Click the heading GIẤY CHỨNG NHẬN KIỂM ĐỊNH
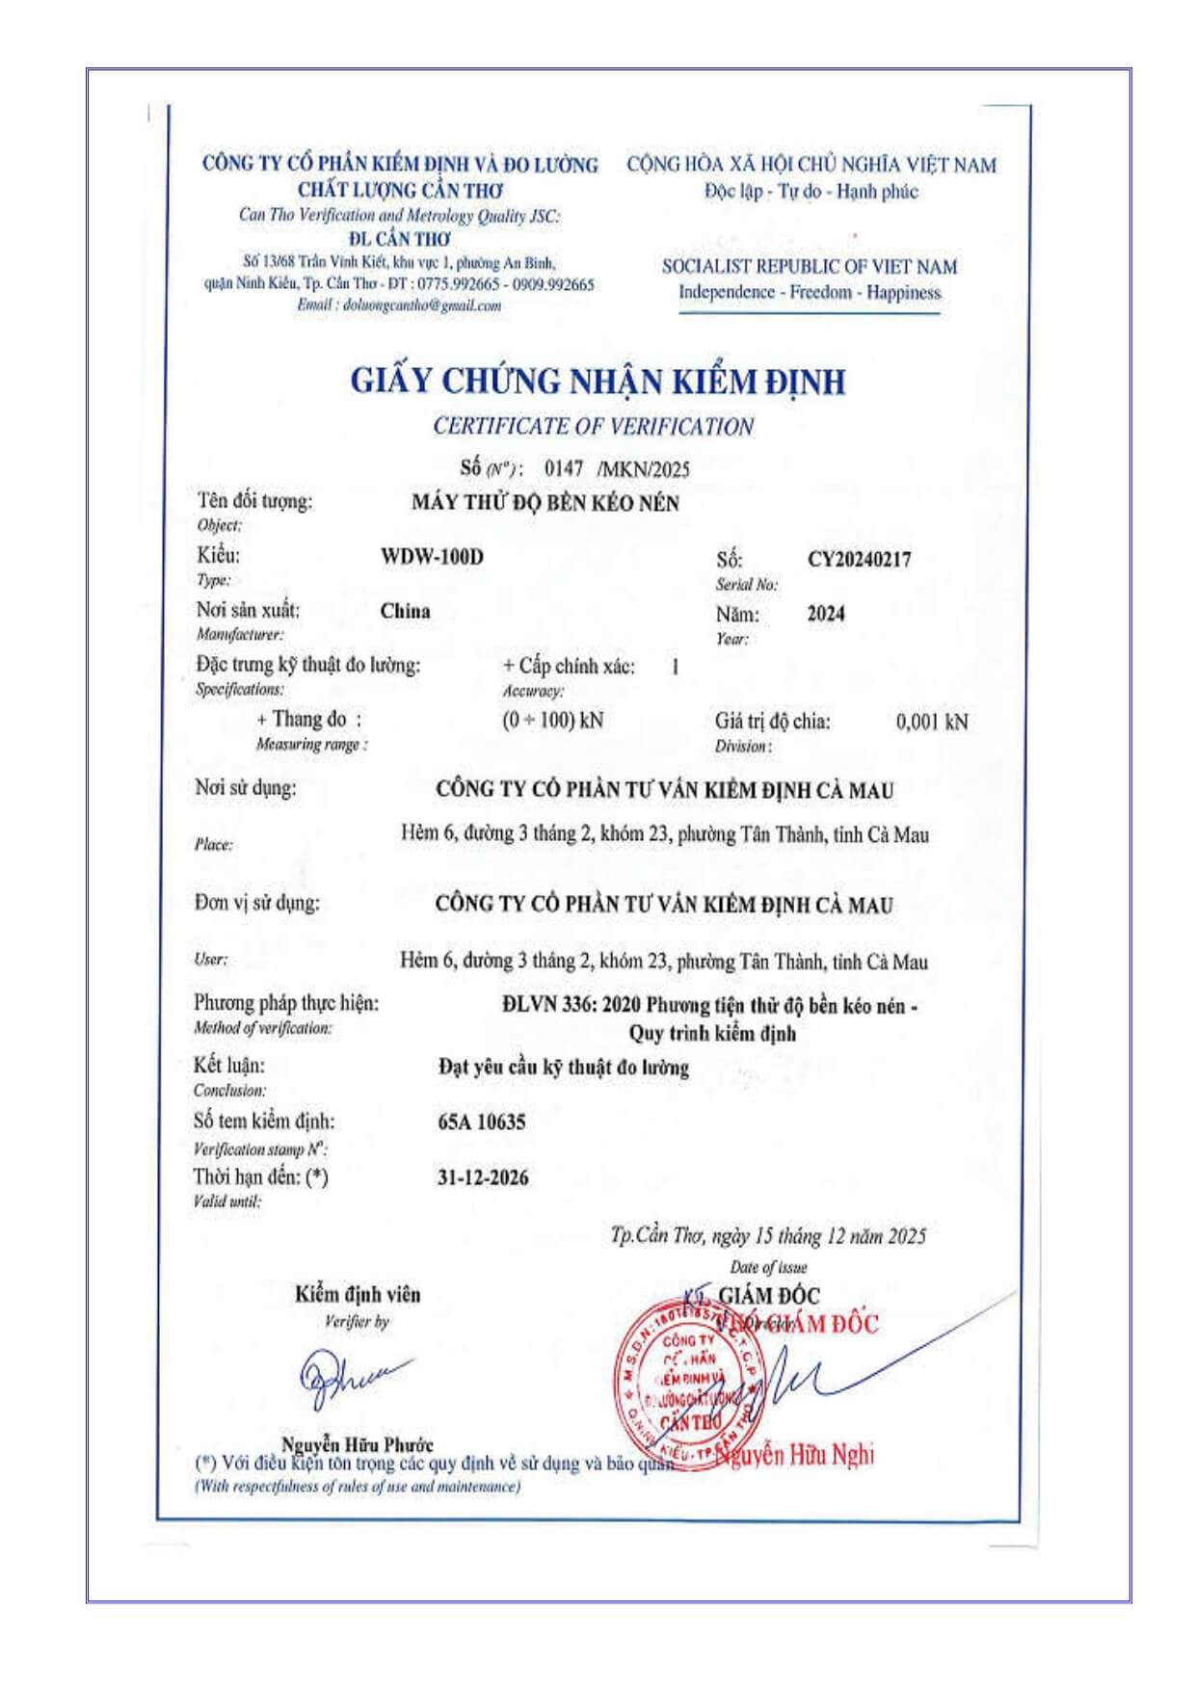[x=598, y=382]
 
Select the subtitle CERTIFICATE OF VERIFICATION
[x=593, y=426]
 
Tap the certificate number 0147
[x=564, y=468]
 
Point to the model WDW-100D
[x=432, y=557]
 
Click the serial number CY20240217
[x=859, y=559]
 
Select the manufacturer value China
[x=405, y=611]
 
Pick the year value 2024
[x=826, y=614]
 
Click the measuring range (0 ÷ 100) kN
[x=552, y=721]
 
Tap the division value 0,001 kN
[x=931, y=722]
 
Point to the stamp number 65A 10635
[x=481, y=1122]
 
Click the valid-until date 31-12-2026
[x=482, y=1177]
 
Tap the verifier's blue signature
[x=353, y=1377]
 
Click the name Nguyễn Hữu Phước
[x=357, y=1444]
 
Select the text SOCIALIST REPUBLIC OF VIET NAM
[x=810, y=267]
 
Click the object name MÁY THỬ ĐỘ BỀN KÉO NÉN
[x=545, y=503]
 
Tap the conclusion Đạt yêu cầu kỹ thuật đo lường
[x=564, y=1068]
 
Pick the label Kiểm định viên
[x=358, y=1295]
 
